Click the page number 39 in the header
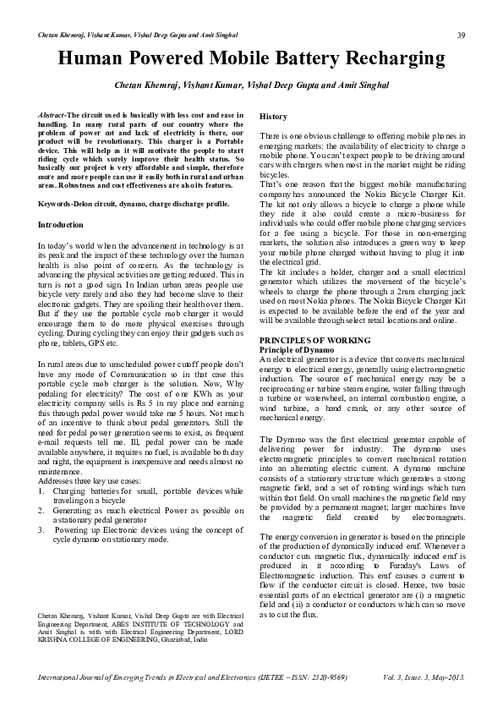click(x=462, y=35)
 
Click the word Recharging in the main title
click(x=389, y=58)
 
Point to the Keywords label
click(x=60, y=205)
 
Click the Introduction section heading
click(x=61, y=225)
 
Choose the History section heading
click(x=273, y=116)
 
